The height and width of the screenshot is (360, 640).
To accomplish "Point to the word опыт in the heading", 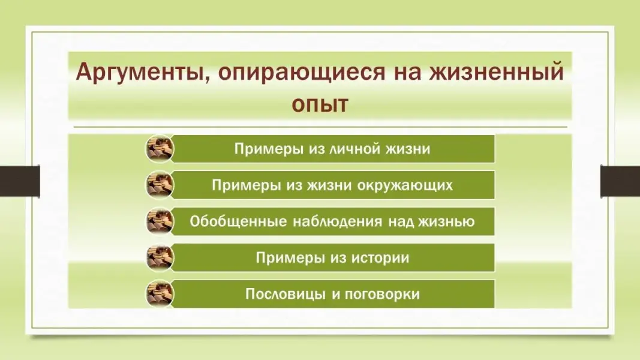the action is pyautogui.click(x=320, y=104).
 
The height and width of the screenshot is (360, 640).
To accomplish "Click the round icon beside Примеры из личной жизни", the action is pyautogui.click(x=160, y=149).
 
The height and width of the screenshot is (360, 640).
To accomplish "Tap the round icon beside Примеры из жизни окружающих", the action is pyautogui.click(x=160, y=185).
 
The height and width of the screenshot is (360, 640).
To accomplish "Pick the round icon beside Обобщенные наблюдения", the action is pyautogui.click(x=160, y=221).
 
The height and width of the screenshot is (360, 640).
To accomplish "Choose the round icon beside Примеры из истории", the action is pyautogui.click(x=160, y=257).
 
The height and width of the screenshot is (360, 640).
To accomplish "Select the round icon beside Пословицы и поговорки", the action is pyautogui.click(x=160, y=294).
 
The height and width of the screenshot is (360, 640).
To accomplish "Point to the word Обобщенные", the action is pyautogui.click(x=238, y=221).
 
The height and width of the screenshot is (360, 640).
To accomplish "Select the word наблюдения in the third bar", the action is pyautogui.click(x=338, y=221).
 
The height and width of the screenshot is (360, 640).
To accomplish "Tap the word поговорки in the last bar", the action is pyautogui.click(x=382, y=294).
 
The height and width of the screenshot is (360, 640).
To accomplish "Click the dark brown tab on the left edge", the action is pyautogui.click(x=20, y=181).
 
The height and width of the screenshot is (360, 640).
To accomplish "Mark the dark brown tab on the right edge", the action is pyautogui.click(x=620, y=181).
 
